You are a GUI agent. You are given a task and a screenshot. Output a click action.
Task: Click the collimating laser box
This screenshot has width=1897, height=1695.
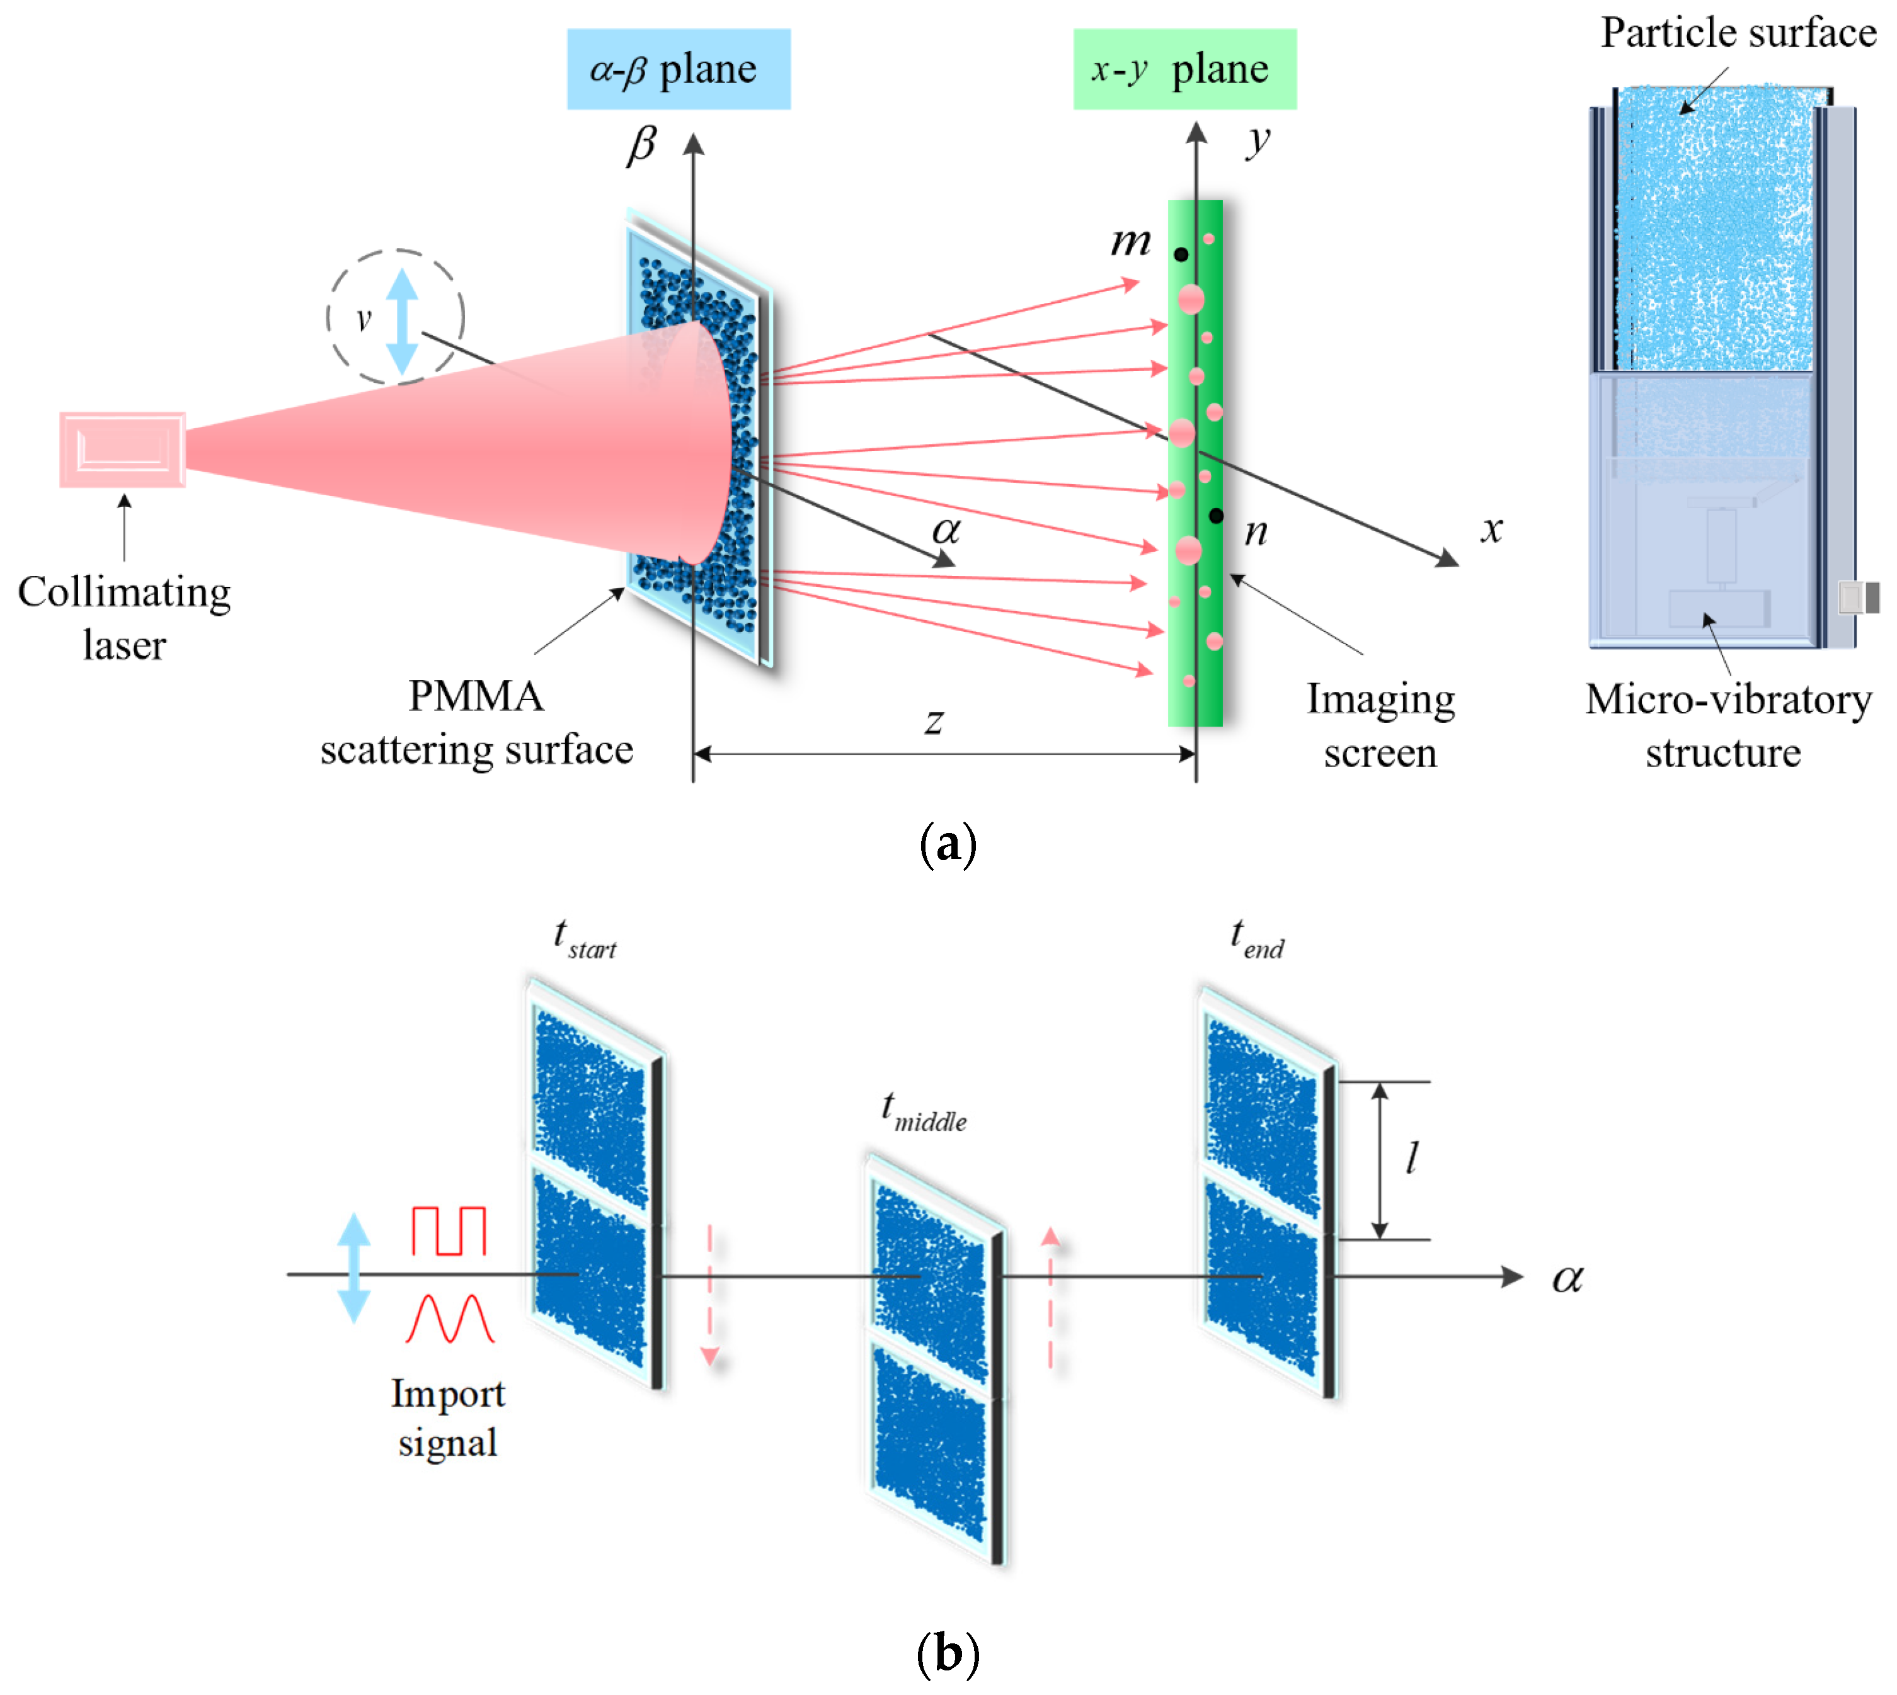(x=122, y=450)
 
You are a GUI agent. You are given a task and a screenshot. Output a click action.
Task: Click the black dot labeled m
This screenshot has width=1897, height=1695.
(x=1181, y=254)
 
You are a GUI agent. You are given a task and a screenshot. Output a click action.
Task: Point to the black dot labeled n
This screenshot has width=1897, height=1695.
(x=1216, y=515)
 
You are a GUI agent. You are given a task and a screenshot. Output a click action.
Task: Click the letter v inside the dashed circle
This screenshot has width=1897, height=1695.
(x=364, y=319)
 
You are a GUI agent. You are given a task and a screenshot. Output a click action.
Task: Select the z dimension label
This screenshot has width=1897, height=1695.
(x=934, y=721)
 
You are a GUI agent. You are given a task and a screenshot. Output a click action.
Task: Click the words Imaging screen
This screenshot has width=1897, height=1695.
(x=1380, y=725)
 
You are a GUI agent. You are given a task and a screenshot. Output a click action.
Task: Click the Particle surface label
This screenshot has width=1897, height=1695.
(x=1738, y=33)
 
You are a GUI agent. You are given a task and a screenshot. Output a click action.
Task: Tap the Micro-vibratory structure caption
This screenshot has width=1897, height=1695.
(x=1728, y=725)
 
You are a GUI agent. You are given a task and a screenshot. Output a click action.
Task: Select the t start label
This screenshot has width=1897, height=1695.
(x=584, y=939)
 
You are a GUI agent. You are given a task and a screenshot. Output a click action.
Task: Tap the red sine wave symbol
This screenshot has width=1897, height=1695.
(x=449, y=1318)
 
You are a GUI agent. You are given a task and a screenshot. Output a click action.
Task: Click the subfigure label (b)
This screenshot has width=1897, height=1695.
(x=948, y=1654)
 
